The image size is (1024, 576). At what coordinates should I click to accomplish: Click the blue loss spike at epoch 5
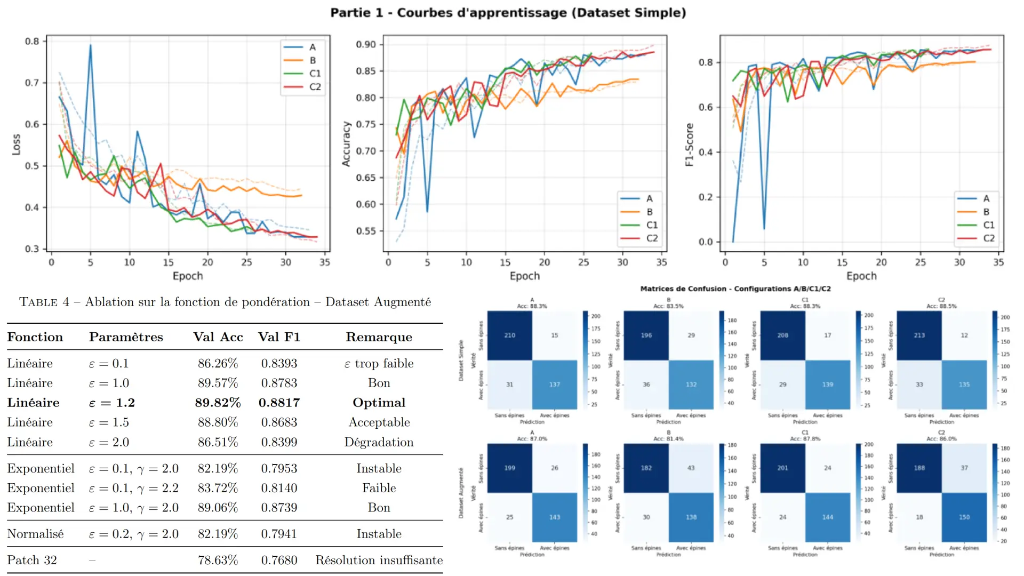click(90, 46)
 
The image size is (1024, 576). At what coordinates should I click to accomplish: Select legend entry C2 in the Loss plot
click(315, 87)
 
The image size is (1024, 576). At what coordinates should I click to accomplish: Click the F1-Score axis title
click(689, 145)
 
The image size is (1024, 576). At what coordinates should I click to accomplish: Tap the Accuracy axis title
click(346, 144)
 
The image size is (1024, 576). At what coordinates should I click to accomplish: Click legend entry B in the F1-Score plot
click(986, 212)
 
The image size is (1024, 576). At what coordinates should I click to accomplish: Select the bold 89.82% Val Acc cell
click(218, 403)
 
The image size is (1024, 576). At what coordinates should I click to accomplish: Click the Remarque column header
click(379, 337)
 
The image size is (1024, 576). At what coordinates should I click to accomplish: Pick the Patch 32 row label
click(32, 560)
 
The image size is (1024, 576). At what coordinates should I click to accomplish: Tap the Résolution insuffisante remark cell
click(379, 560)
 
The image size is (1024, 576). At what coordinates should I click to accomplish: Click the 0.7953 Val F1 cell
click(279, 468)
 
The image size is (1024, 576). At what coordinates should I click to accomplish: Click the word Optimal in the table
click(379, 403)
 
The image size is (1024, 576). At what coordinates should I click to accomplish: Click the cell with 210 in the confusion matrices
click(509, 335)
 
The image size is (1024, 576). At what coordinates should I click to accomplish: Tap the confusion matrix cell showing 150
click(964, 517)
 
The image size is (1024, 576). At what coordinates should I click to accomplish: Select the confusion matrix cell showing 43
click(691, 468)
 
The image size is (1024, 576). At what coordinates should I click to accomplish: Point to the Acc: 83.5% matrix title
click(668, 306)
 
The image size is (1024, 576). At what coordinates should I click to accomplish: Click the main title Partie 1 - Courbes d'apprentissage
click(508, 12)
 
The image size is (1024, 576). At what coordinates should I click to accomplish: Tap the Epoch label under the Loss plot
click(188, 276)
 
